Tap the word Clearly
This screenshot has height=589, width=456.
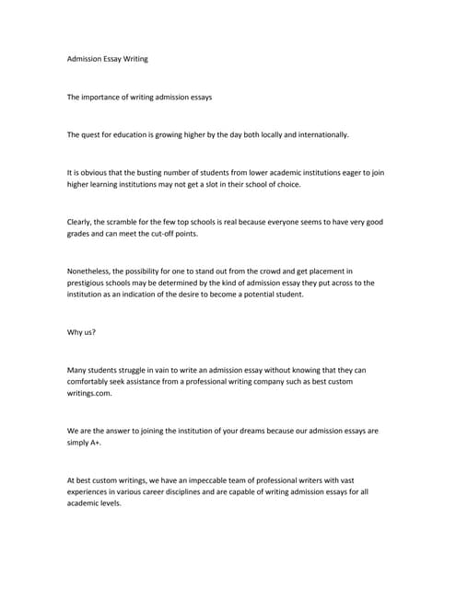(x=84, y=222)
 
